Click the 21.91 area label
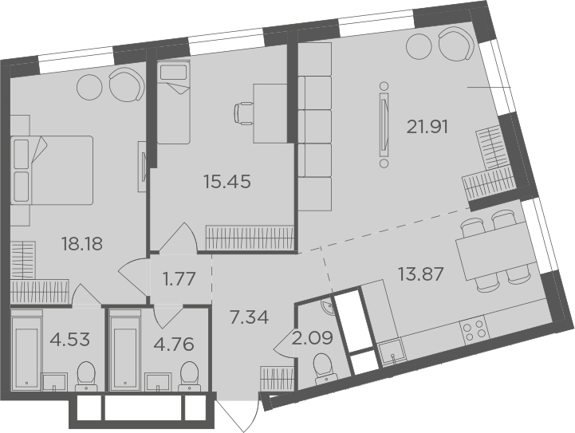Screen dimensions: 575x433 click(427, 128)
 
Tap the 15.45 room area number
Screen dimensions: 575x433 click(228, 182)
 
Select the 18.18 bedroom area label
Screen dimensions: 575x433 click(82, 244)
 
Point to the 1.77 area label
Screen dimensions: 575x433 click(179, 279)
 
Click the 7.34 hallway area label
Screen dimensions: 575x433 click(249, 317)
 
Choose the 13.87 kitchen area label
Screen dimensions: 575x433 click(421, 274)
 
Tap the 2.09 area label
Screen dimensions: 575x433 click(313, 338)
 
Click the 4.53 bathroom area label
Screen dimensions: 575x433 click(70, 340)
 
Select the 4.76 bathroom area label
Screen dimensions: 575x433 click(174, 344)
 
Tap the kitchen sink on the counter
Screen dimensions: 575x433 click(392, 352)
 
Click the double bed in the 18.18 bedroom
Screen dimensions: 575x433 click(52, 170)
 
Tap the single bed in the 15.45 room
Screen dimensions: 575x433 click(173, 103)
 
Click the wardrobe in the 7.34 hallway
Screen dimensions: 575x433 click(278, 378)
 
